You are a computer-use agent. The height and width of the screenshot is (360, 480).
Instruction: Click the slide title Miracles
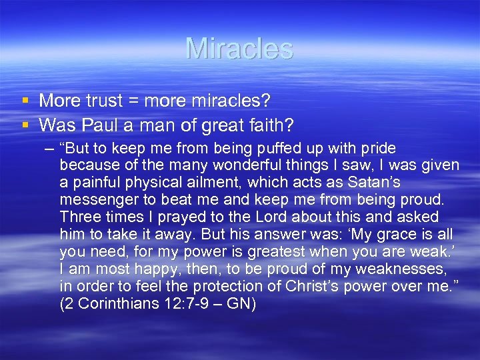click(239, 49)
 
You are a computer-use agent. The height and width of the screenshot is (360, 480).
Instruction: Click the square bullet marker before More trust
click(25, 101)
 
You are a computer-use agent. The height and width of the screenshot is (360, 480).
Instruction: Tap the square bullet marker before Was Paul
click(25, 124)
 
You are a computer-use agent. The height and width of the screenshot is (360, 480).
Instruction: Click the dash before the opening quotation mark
click(47, 148)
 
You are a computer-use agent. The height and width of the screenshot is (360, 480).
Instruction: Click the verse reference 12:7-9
click(187, 304)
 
